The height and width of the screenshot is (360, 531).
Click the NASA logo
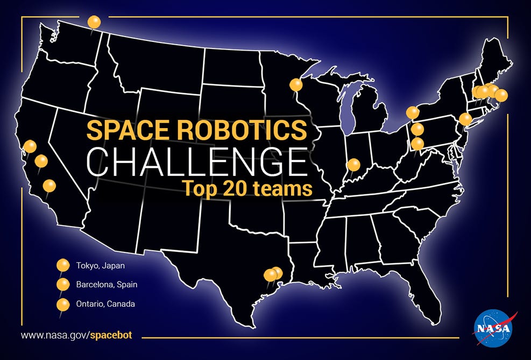click(493, 328)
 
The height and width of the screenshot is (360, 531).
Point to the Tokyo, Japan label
click(100, 265)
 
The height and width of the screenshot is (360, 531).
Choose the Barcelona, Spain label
click(107, 285)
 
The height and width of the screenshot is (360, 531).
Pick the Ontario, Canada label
click(105, 304)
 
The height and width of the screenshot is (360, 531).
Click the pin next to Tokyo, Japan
click(63, 265)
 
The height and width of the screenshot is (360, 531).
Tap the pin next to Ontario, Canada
click(63, 305)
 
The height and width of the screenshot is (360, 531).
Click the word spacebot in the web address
click(111, 335)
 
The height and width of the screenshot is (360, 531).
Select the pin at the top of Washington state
click(94, 23)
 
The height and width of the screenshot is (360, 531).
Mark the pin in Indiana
click(354, 165)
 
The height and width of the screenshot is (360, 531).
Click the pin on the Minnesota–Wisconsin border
click(296, 85)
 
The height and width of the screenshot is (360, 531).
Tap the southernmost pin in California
click(49, 186)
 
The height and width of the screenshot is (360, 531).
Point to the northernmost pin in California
click(30, 146)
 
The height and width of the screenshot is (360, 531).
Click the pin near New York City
click(465, 119)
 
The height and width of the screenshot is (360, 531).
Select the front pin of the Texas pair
click(270, 275)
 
